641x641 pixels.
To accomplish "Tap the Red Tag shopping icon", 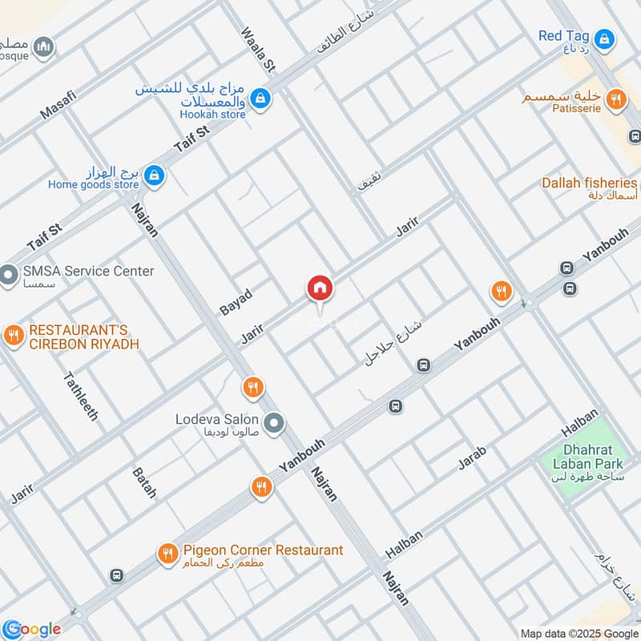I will coord(605,37).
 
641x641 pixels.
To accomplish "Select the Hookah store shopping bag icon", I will coord(260,99).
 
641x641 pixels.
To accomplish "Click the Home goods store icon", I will coord(155,175).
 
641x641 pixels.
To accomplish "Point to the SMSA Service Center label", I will coord(88,272).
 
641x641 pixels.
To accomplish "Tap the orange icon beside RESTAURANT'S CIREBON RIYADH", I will coord(12,335).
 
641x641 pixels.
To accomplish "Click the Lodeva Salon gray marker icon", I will coord(274,421).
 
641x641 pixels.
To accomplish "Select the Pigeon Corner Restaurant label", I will coord(263,550).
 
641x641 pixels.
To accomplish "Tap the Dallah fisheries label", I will coord(589,183).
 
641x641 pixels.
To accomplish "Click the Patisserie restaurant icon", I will coord(615,99).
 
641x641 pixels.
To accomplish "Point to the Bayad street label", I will coord(236,302).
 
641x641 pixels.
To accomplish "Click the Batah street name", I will coord(144,481).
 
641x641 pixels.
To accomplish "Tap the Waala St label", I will coord(257,50).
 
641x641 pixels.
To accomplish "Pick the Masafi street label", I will coord(58,106).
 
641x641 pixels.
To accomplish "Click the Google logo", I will coord(31,629).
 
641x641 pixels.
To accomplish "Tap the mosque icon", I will coord(45,46).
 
